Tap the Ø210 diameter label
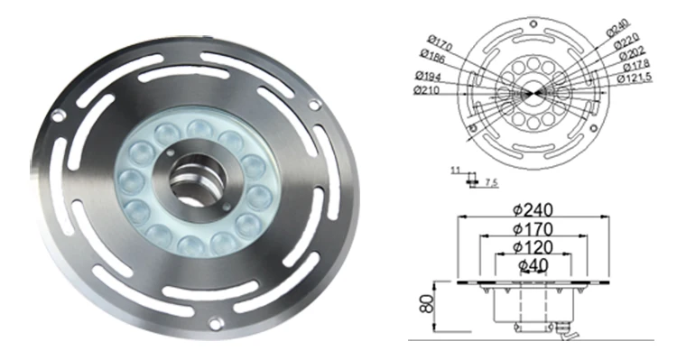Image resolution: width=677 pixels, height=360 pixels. [x=427, y=90]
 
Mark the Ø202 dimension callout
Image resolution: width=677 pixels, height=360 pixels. [x=631, y=54]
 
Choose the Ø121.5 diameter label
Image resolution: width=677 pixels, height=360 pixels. [x=636, y=78]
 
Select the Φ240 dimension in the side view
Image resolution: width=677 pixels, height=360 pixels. [x=533, y=209]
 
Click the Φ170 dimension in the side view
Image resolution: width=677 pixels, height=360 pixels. [x=533, y=228]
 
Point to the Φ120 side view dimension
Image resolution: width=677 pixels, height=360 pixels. [x=533, y=246]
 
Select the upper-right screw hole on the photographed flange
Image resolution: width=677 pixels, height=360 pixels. [x=314, y=106]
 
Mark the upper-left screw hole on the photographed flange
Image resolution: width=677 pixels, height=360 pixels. [x=58, y=115]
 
